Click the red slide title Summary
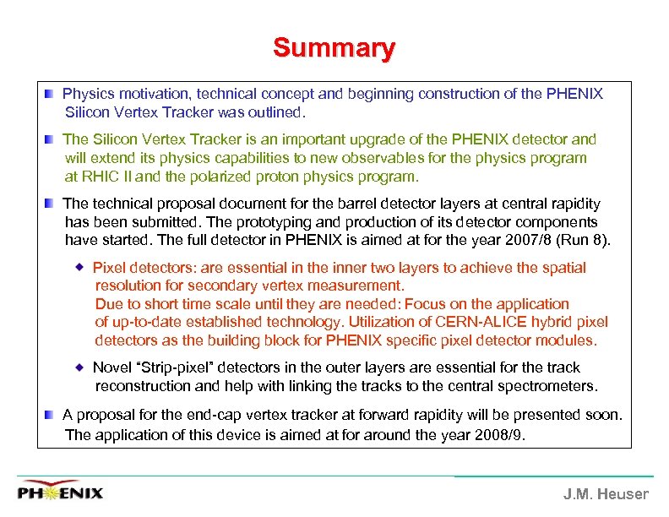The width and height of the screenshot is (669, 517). click(334, 48)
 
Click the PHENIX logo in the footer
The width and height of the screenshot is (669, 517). click(61, 492)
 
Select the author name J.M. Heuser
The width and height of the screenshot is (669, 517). click(606, 494)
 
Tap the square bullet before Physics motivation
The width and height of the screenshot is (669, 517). click(52, 94)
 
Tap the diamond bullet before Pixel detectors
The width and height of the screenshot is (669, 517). click(81, 268)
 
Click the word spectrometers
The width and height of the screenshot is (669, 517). click(546, 386)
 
